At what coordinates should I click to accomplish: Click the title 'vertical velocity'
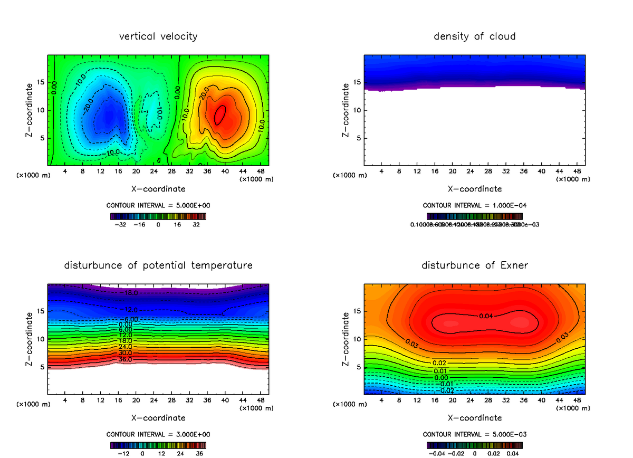pyautogui.click(x=158, y=36)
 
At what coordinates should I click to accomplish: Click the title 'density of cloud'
pyautogui.click(x=475, y=36)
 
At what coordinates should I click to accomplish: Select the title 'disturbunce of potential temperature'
pyautogui.click(x=158, y=265)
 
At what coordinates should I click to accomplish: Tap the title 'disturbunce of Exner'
pyautogui.click(x=475, y=265)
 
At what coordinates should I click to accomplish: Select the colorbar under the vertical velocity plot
pyautogui.click(x=158, y=216)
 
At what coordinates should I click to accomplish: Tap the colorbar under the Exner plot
pyautogui.click(x=475, y=445)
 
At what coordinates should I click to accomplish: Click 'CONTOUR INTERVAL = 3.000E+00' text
pyautogui.click(x=158, y=434)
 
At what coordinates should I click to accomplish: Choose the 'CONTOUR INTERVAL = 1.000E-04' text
pyautogui.click(x=475, y=205)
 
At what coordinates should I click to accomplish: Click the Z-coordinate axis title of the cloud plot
pyautogui.click(x=346, y=110)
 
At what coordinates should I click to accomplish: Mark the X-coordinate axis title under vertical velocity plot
pyautogui.click(x=158, y=188)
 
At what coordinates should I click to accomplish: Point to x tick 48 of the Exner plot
pyautogui.click(x=577, y=400)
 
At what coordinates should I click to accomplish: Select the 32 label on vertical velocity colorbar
pyautogui.click(x=196, y=224)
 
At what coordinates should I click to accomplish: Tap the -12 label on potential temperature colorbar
pyautogui.click(x=123, y=453)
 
